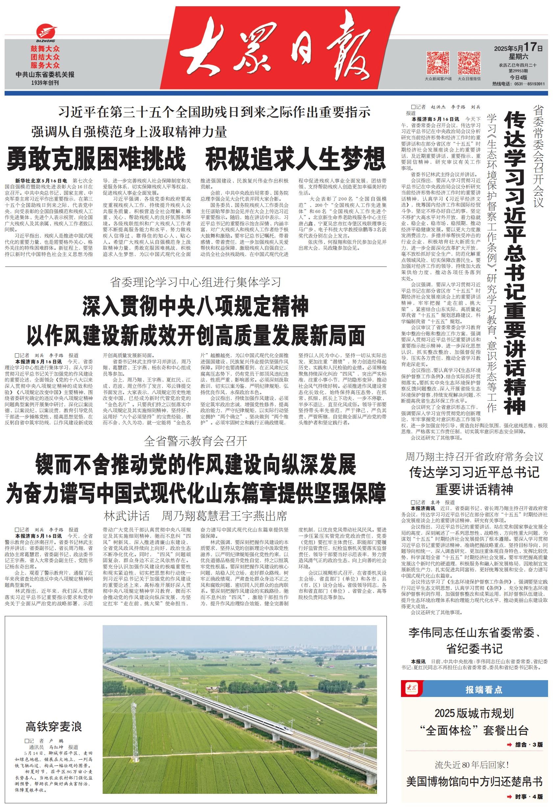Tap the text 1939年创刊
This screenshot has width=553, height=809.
pos(45,83)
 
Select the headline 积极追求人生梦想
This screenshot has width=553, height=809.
pos(295,159)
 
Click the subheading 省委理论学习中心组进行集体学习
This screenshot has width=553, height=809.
pos(195,282)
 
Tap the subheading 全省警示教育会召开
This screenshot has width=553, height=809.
pos(195,441)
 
